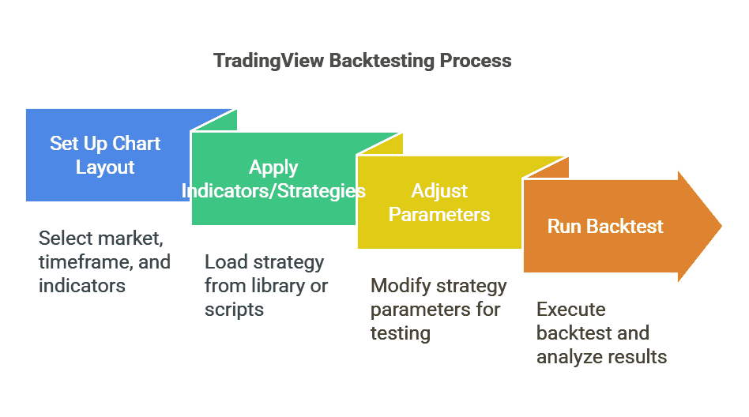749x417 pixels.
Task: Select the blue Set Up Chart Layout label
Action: click(x=105, y=156)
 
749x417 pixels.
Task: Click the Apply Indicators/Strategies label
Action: click(x=273, y=179)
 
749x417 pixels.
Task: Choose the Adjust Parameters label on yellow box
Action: click(x=439, y=203)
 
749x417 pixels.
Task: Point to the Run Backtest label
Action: click(x=605, y=227)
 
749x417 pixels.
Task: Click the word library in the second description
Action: click(x=273, y=286)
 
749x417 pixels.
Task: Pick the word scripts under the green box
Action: click(x=234, y=310)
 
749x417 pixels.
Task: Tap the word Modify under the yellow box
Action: click(x=400, y=286)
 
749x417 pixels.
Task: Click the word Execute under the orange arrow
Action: click(x=570, y=310)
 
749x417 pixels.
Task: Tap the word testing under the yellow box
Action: click(x=400, y=333)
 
